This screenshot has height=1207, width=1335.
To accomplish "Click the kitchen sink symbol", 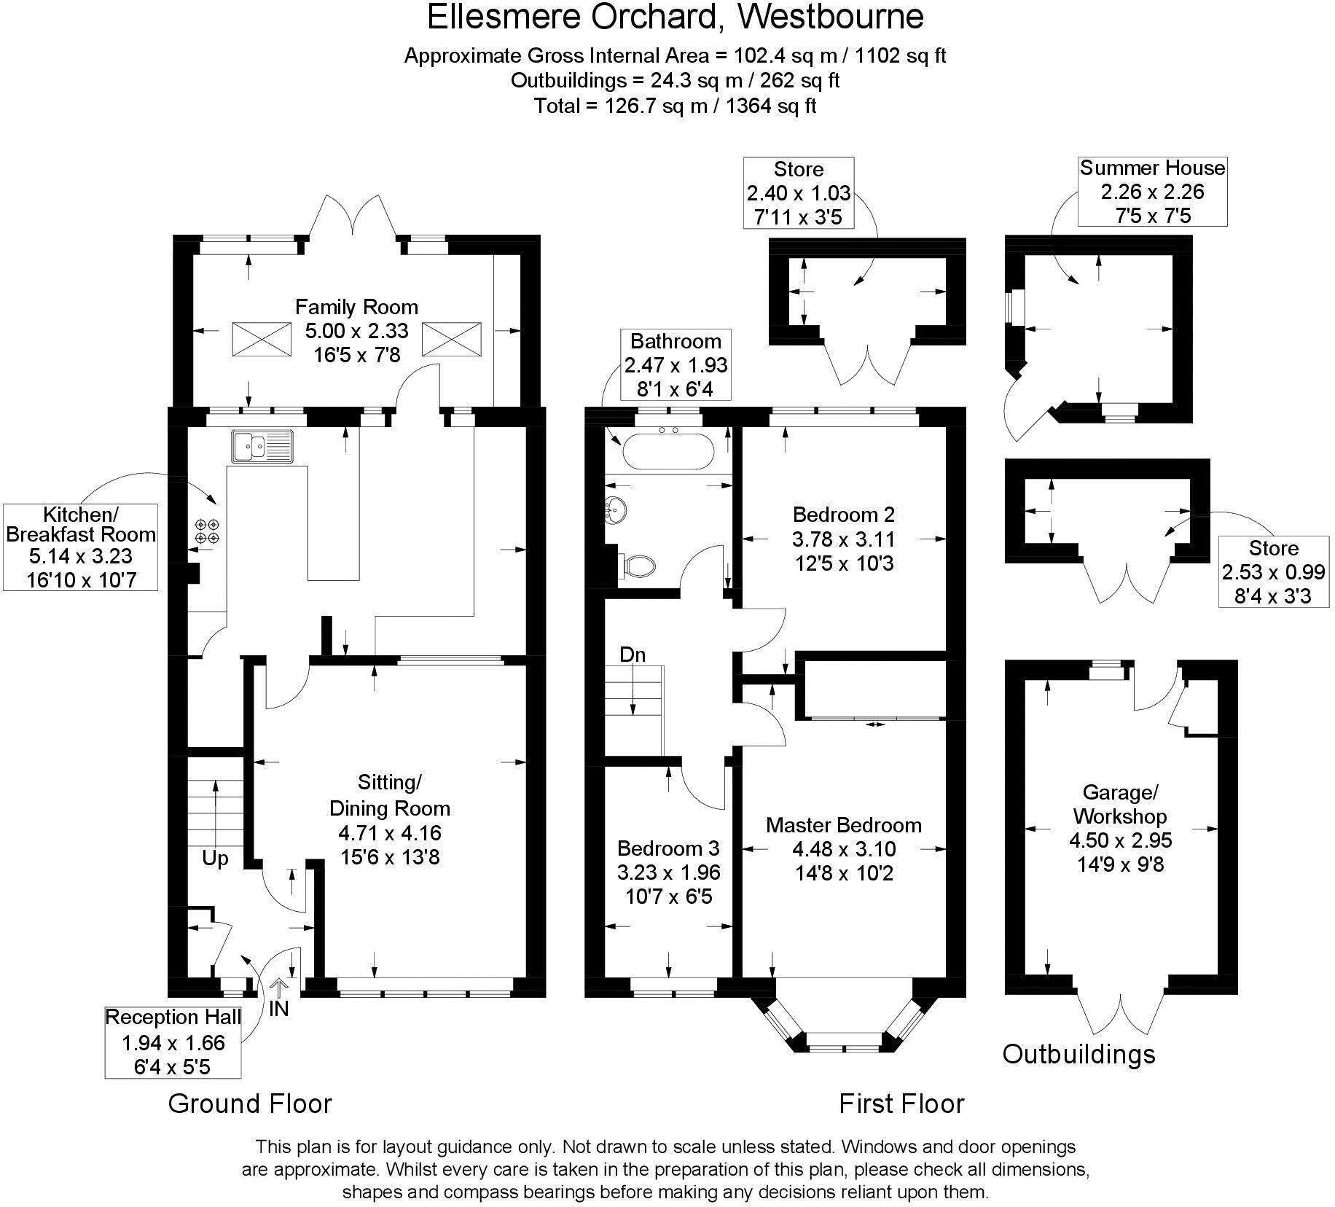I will click(x=262, y=446).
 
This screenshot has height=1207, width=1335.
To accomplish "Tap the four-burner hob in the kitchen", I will click(x=207, y=531).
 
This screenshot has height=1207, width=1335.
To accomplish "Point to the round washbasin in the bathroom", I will click(x=616, y=509).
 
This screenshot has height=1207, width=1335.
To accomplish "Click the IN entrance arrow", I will click(x=279, y=999).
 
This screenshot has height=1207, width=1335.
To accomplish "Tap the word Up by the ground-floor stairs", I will click(x=215, y=859).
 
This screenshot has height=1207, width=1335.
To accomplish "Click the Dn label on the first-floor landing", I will click(x=633, y=655).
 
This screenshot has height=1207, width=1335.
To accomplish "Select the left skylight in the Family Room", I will click(x=261, y=339).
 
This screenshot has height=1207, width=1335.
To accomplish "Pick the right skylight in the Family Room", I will click(x=452, y=339).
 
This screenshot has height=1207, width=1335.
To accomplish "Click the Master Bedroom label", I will click(x=844, y=825).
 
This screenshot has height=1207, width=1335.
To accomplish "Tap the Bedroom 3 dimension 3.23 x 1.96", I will click(x=668, y=872).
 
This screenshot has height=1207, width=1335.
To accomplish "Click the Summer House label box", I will click(x=1152, y=191).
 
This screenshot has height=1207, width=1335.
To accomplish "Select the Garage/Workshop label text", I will click(x=1120, y=804).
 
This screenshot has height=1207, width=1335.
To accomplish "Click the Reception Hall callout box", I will click(x=173, y=1042).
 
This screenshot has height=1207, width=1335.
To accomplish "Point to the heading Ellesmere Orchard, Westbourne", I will click(x=675, y=17).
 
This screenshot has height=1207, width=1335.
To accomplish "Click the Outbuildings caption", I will click(x=1078, y=1054).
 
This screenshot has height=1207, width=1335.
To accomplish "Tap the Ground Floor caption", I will click(x=250, y=1104).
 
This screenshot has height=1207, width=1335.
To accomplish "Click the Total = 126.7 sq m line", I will click(x=675, y=106).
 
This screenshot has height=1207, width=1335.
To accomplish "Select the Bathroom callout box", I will click(x=676, y=364).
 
